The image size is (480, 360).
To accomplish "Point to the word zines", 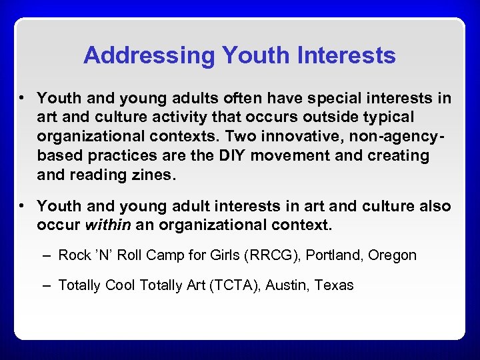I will point(152,175).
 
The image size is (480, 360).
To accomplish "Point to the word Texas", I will point(333,285).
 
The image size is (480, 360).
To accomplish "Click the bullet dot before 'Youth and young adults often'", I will point(22,99).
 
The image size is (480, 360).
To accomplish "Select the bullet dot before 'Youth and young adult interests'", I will point(22,206).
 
